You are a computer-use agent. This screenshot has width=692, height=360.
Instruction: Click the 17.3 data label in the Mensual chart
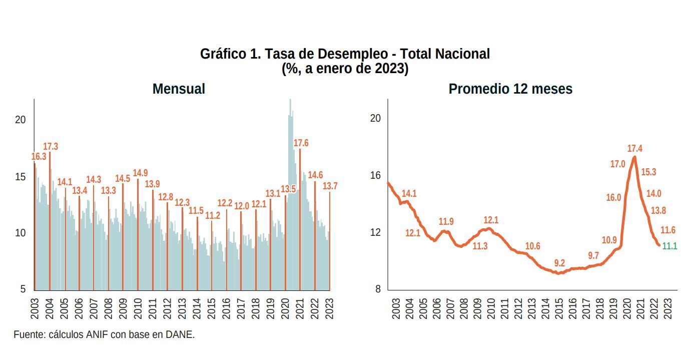[x=51, y=147]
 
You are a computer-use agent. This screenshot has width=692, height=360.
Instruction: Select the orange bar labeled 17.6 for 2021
[x=300, y=220]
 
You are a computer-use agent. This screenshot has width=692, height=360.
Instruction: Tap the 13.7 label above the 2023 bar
[x=330, y=186]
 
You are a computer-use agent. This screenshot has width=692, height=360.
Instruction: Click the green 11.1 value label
[x=669, y=246]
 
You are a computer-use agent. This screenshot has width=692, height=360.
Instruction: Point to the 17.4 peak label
[x=635, y=149]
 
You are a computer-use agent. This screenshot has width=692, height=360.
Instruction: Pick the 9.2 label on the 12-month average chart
[x=559, y=263]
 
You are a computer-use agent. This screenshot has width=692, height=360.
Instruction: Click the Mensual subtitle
[x=179, y=89]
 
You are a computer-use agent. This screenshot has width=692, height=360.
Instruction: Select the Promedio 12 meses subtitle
[x=510, y=89]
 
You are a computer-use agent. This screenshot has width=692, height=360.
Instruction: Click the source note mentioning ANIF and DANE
[x=104, y=334]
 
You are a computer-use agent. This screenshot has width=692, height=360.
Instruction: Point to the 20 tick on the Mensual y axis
[x=20, y=120]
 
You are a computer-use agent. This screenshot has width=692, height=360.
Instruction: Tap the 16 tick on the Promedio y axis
[x=375, y=175]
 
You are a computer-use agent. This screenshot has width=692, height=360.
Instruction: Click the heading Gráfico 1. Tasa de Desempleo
[x=345, y=54]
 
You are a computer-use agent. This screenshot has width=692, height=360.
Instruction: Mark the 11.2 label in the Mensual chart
[x=213, y=216]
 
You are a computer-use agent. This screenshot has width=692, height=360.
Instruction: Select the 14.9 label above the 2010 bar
[x=140, y=173]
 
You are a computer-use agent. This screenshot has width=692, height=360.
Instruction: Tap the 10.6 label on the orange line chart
[x=533, y=246]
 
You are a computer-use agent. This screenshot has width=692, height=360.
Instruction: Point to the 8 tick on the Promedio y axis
[x=378, y=289]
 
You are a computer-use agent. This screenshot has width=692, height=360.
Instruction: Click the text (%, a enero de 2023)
[x=345, y=69]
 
